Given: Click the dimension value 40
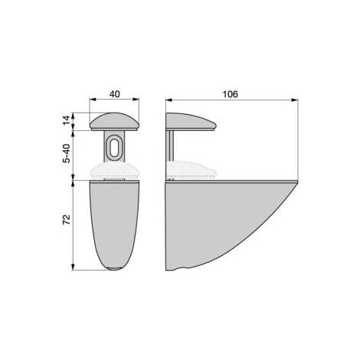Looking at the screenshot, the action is (114, 94).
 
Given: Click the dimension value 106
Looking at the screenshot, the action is (231, 94).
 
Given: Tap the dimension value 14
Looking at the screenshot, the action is (67, 120).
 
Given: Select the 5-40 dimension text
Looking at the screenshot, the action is (67, 153).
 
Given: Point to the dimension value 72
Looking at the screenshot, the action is (67, 220).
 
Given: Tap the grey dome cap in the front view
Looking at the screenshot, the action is (114, 122).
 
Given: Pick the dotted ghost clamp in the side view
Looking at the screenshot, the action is (191, 170).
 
